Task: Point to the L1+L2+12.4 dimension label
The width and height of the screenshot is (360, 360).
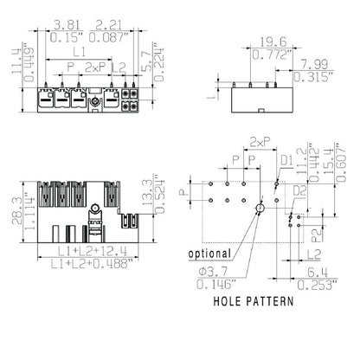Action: [x=85, y=251]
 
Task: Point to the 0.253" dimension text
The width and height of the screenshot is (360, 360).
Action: [x=313, y=284]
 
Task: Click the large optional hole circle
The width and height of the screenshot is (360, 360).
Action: [x=259, y=209]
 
